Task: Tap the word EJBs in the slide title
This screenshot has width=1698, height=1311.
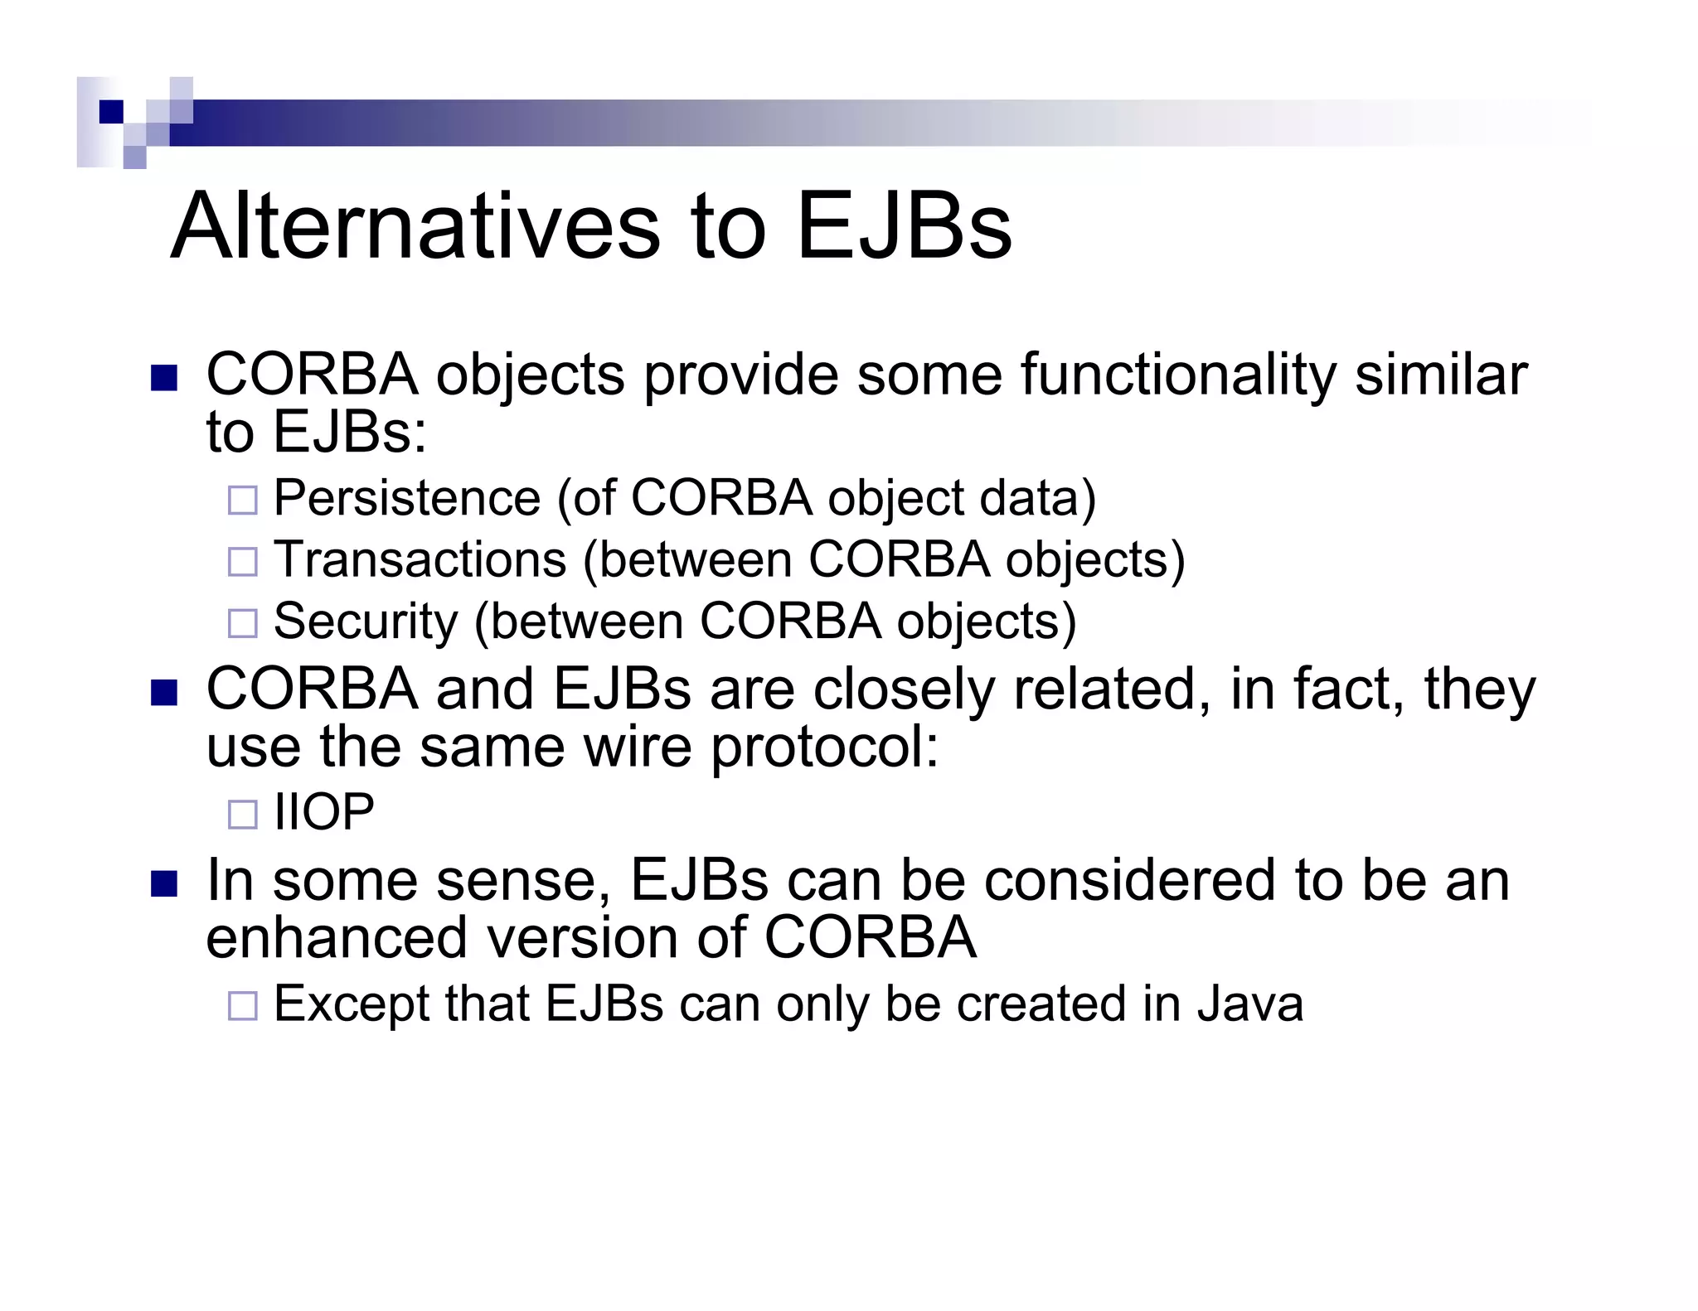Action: (x=904, y=225)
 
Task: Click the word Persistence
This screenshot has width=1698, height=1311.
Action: (x=407, y=499)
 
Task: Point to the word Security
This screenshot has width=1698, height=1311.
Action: (x=366, y=622)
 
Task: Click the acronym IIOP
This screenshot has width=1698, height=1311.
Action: (x=324, y=812)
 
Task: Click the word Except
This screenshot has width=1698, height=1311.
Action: (x=352, y=1004)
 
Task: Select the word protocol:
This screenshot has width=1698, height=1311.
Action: (x=825, y=747)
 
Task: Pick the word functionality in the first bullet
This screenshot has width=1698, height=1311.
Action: (x=1178, y=375)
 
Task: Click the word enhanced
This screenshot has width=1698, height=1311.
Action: (x=337, y=938)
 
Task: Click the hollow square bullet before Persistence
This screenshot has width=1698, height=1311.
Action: (x=243, y=501)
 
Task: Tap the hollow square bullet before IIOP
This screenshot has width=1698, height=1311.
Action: (x=243, y=815)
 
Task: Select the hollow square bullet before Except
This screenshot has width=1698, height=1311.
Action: (x=243, y=1006)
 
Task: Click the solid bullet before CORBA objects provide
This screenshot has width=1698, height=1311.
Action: (x=164, y=378)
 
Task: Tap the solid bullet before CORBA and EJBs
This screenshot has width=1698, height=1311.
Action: (x=164, y=693)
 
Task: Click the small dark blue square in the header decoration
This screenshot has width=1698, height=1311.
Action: (x=110, y=111)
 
